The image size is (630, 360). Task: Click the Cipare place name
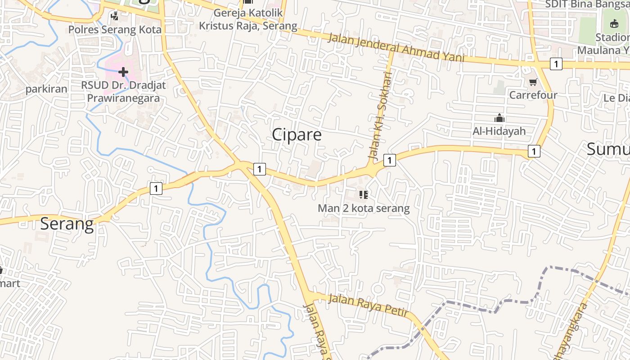tap(297, 135)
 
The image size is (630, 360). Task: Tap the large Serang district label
tap(67, 224)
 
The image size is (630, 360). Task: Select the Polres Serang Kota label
tap(115, 30)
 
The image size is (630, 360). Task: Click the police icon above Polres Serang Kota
tap(115, 17)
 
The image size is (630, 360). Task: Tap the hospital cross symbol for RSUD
tap(123, 72)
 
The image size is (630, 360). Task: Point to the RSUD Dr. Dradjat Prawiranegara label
tap(123, 91)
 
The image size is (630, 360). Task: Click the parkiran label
tap(46, 89)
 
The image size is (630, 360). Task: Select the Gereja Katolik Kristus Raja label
tap(248, 19)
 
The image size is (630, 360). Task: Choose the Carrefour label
tap(533, 95)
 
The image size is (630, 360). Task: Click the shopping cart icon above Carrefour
tap(533, 82)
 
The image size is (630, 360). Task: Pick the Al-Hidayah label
tap(499, 131)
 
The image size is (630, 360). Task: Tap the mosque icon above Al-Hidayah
tap(499, 118)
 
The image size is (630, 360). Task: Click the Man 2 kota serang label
tap(364, 208)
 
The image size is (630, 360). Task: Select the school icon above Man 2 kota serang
tap(364, 195)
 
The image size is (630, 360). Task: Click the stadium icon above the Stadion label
tap(614, 24)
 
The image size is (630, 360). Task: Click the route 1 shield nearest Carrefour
tap(556, 64)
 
